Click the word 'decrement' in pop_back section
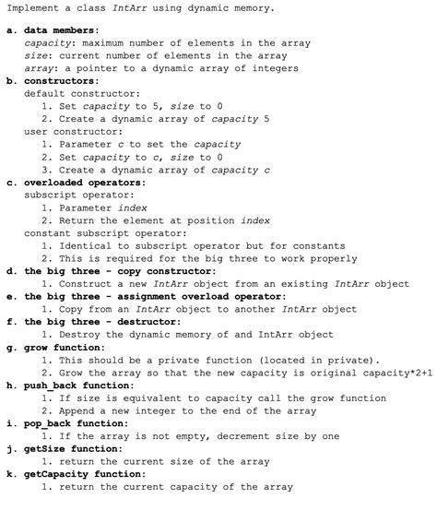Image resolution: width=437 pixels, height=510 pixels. click(241, 436)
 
